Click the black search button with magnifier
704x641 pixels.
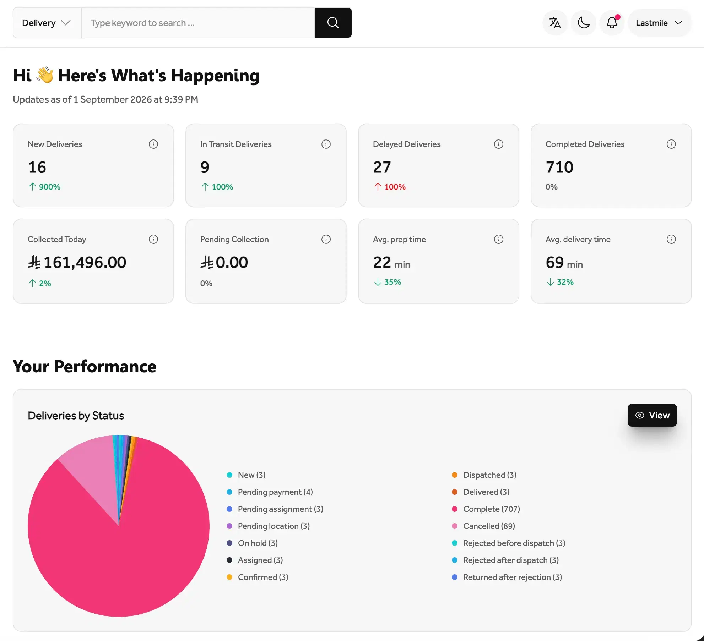coord(333,23)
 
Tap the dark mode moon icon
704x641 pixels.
coord(583,23)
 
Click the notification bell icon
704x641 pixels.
coord(612,23)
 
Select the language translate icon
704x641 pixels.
coord(555,23)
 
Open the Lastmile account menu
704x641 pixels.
coord(659,23)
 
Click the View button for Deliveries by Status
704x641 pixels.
coord(652,415)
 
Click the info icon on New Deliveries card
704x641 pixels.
coord(153,144)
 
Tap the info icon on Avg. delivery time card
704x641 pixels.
coord(671,239)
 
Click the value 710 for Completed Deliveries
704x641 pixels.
coord(559,167)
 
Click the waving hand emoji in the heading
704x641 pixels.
coord(45,75)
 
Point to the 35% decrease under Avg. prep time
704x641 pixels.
coord(388,282)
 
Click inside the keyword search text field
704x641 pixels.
coord(198,23)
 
